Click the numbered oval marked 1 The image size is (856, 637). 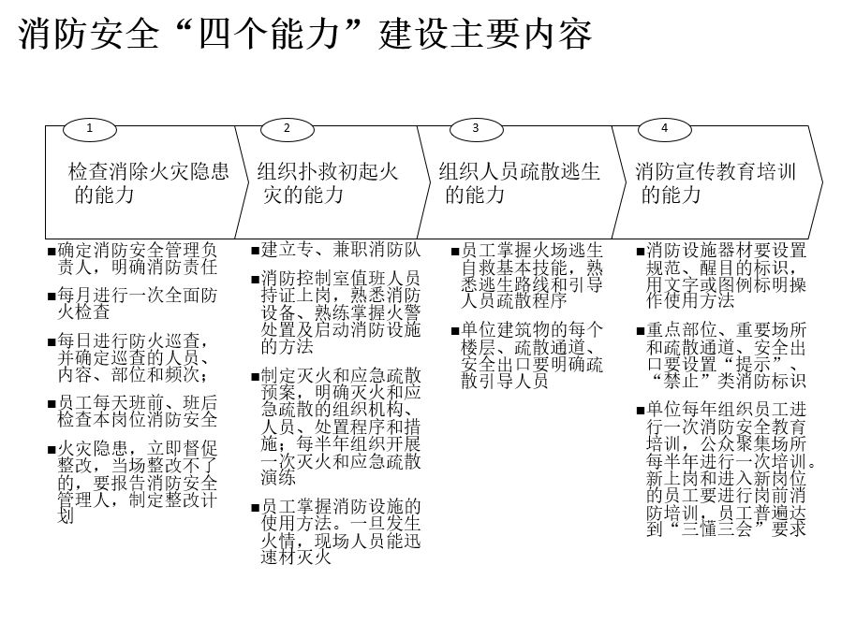pos(90,129)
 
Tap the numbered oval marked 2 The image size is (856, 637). pos(288,129)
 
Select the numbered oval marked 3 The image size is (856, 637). pos(476,129)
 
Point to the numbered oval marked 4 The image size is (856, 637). pos(664,129)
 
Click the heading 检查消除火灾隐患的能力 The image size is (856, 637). pos(148,182)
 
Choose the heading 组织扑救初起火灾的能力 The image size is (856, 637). pos(328,182)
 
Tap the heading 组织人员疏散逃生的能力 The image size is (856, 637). pos(519,182)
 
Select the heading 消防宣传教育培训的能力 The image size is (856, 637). pos(716,182)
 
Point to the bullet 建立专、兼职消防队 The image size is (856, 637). pos(336,250)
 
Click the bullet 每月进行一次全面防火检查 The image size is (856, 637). pos(133,303)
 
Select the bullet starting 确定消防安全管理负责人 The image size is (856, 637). pos(133,258)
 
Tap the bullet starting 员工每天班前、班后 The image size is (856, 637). pos(133,412)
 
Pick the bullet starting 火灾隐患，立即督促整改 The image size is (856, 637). pos(133,482)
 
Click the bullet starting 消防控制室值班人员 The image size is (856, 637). pos(336,312)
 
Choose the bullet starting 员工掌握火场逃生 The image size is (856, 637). pos(527,275)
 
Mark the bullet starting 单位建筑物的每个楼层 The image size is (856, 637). pos(527,355)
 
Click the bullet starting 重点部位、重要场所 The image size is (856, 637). pos(722,355)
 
